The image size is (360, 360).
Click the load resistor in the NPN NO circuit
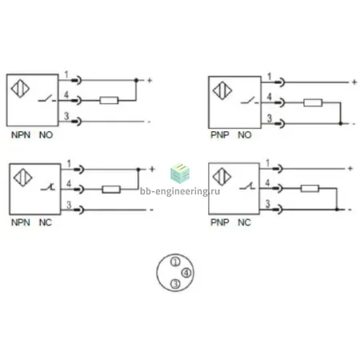point(109,100)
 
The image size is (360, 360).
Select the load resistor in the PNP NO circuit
point(313,102)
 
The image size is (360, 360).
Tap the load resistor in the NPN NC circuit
point(111,190)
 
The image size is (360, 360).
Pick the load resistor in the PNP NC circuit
point(310,189)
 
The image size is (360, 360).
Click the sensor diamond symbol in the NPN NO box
point(20,88)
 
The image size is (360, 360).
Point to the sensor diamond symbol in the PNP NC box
point(222,177)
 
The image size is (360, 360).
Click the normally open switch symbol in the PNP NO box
point(250,101)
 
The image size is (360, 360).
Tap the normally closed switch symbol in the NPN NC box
point(48,187)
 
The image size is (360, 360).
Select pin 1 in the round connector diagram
point(175,262)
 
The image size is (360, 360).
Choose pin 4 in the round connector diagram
point(186,273)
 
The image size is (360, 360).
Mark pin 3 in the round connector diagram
point(175,284)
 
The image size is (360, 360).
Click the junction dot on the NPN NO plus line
point(136,80)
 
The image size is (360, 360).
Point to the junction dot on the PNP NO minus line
point(340,124)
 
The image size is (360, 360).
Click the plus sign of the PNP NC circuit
point(350,168)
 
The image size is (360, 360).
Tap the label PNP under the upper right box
point(220,135)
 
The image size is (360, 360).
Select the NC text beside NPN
point(46,222)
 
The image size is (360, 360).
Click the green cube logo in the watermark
point(180,173)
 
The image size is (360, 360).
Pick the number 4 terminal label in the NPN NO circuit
point(66,94)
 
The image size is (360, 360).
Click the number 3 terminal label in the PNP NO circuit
point(270,118)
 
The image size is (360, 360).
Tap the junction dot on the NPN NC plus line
point(138,170)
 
